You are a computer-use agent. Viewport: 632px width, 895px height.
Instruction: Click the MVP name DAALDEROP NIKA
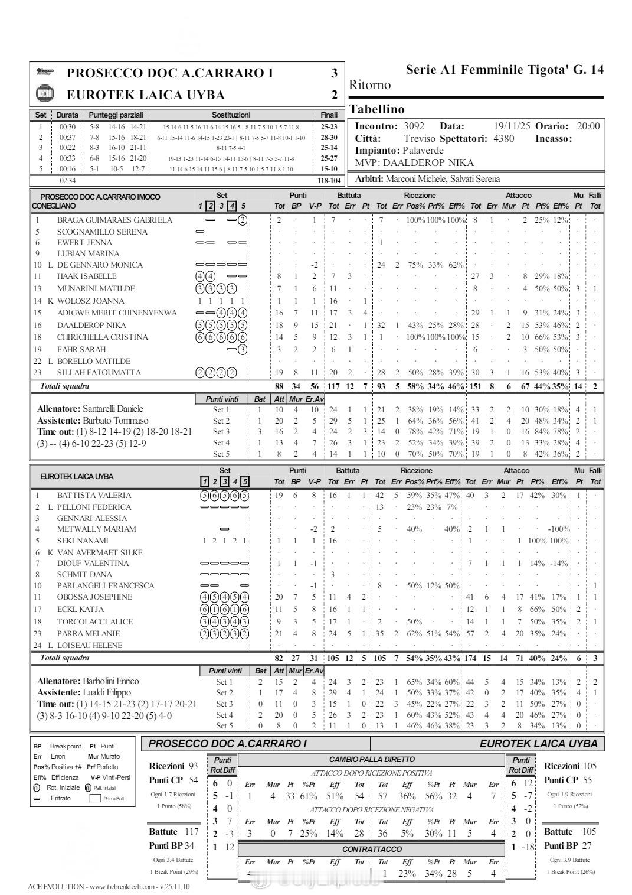(437, 162)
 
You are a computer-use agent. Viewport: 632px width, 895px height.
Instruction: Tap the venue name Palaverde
(423, 150)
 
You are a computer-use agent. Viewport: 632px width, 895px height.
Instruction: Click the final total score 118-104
(329, 181)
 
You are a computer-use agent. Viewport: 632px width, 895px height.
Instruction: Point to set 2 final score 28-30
(329, 137)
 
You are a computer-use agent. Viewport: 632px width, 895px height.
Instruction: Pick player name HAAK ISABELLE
(87, 276)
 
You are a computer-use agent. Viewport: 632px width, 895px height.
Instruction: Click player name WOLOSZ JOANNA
(91, 301)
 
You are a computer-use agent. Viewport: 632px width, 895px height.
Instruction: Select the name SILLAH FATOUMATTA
(99, 372)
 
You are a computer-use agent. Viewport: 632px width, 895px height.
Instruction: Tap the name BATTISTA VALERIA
(94, 495)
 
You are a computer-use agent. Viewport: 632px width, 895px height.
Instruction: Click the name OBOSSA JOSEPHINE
(94, 597)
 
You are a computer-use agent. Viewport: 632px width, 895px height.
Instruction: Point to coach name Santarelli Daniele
(113, 409)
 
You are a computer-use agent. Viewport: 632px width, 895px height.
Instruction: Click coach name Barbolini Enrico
(111, 681)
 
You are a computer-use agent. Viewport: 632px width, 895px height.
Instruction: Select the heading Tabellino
(377, 109)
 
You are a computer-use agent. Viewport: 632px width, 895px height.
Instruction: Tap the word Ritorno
(370, 84)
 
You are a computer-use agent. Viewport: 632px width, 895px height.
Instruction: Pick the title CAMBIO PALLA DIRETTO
(372, 759)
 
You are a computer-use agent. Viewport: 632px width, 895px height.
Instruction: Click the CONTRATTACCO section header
(372, 848)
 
